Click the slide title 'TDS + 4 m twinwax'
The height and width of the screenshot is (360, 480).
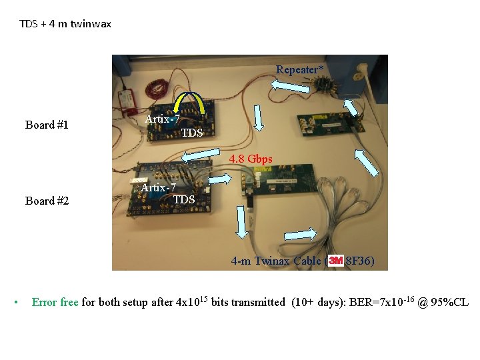coord(65,24)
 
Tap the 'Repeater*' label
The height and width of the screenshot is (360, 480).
coord(300,69)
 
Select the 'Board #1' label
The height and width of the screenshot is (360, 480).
coord(47,125)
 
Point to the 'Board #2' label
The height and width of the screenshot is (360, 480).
coord(47,201)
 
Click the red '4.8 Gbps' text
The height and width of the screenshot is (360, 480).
coord(251,160)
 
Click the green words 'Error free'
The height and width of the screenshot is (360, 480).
coord(55,303)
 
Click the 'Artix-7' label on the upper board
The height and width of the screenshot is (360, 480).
coord(163,119)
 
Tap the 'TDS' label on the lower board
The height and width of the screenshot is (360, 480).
coord(184,199)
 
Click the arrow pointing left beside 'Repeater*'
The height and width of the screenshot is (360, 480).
coord(287,85)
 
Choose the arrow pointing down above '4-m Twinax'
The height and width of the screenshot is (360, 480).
coord(242,222)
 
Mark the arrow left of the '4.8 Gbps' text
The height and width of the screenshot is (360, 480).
coord(201,155)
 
